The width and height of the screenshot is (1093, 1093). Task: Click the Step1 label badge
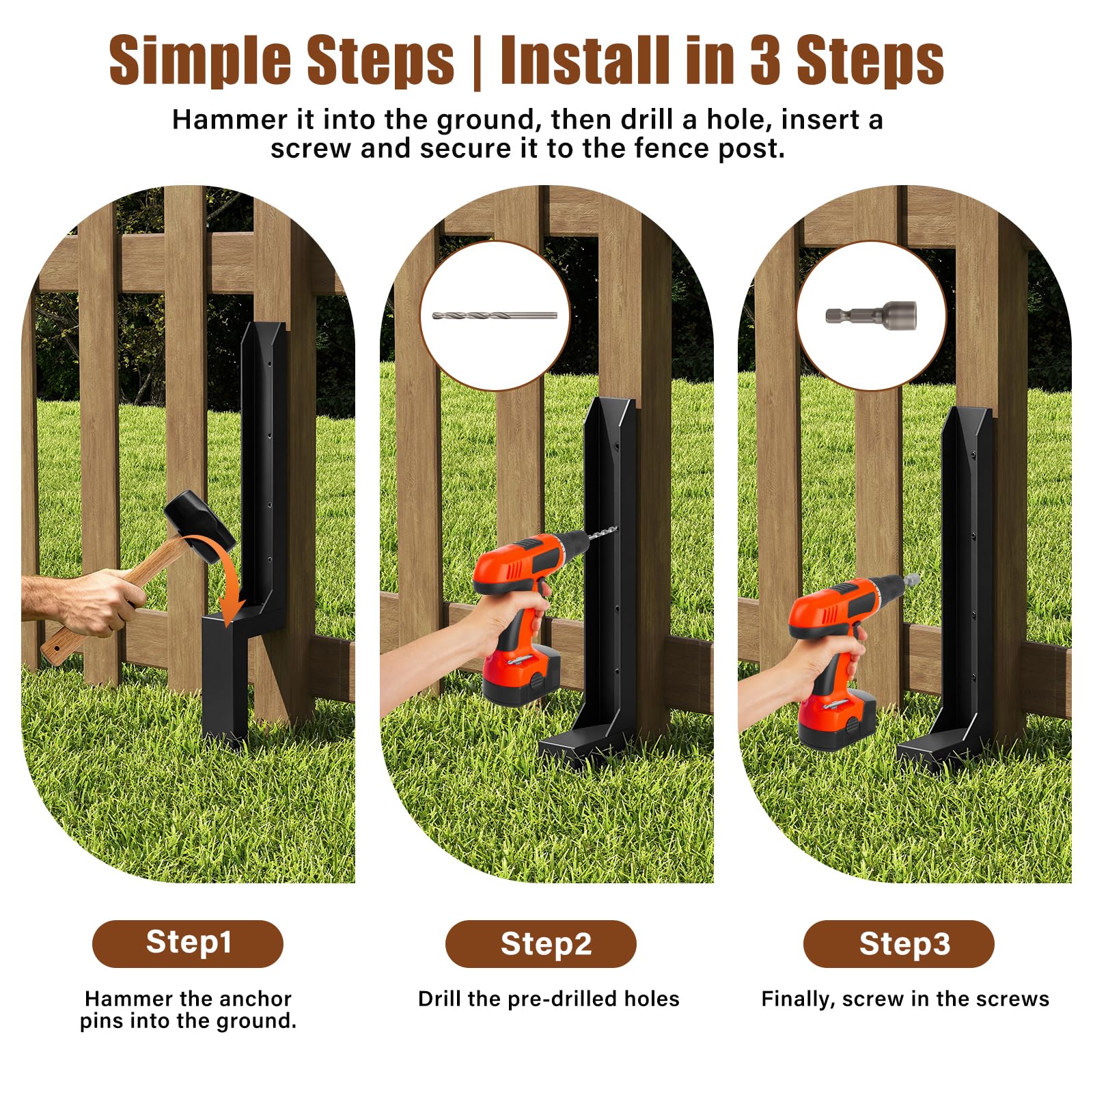tap(188, 943)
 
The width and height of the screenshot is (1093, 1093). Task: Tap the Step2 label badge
tap(540, 943)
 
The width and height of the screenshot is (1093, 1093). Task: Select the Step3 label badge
tap(898, 943)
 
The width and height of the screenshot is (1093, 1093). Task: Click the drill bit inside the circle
tap(495, 316)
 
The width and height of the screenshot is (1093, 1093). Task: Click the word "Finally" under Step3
tap(798, 999)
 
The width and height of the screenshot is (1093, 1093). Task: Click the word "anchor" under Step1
tap(256, 999)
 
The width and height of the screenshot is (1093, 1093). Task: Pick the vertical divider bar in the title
tap(477, 61)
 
